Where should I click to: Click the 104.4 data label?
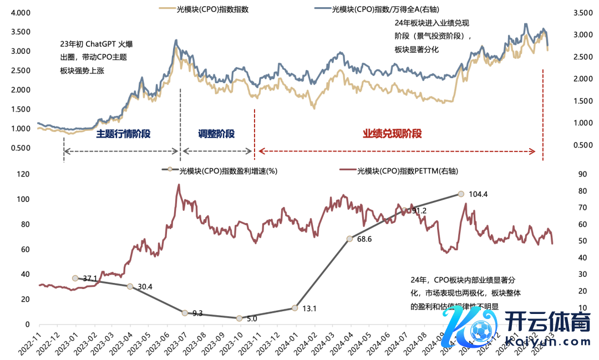(478, 194)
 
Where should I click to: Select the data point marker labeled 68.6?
(350, 239)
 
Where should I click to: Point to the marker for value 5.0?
(240, 318)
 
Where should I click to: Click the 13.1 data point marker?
(295, 308)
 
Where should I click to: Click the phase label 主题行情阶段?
(123, 134)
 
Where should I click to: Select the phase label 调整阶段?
(216, 134)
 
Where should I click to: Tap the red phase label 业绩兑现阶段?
(392, 134)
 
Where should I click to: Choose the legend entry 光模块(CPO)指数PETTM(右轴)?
(408, 171)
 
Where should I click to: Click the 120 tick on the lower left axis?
(22, 174)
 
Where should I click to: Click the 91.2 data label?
(419, 211)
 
